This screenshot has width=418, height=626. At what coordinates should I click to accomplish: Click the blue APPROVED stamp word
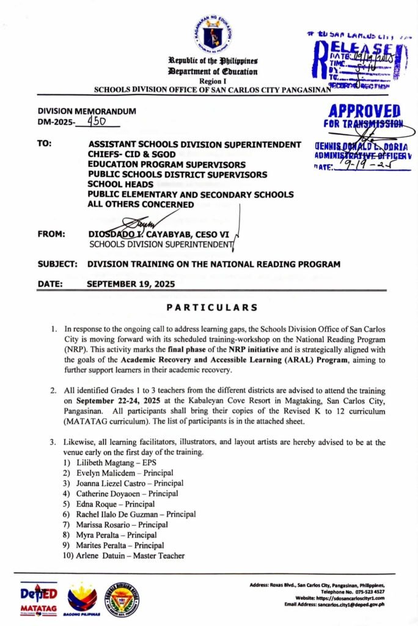pos(364,111)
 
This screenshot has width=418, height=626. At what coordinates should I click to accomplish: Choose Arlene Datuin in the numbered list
pos(105,556)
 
